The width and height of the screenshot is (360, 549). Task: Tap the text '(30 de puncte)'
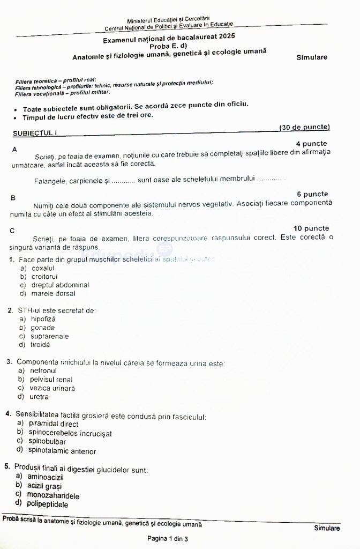pos(304,127)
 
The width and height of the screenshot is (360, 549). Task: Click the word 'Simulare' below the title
pos(311,57)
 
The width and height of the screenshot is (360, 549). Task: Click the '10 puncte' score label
pos(311,228)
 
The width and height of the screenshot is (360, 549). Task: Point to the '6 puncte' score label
pos(312,194)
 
